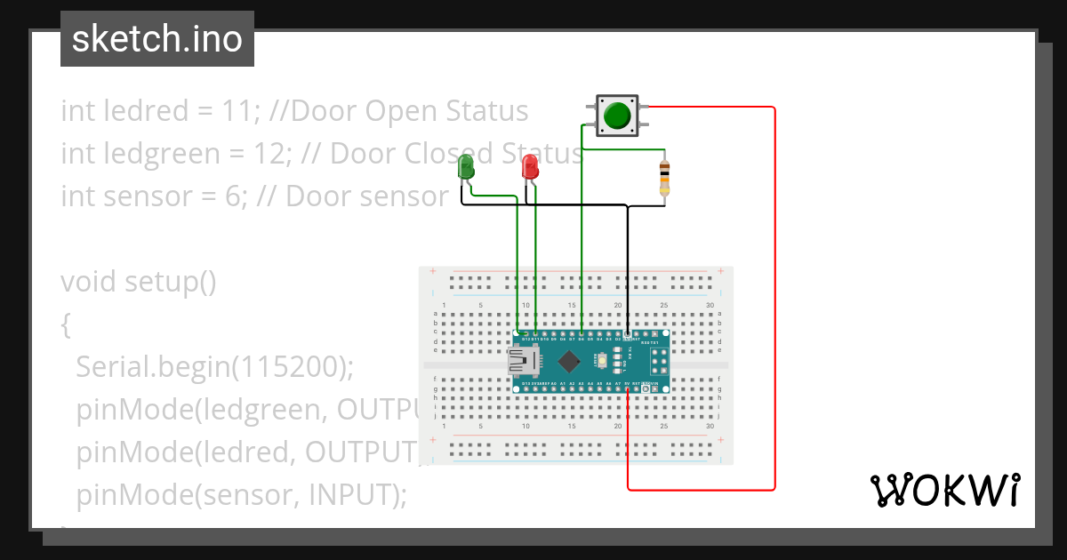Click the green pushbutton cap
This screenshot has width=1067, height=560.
coord(616,116)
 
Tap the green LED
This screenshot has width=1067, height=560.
coord(466,166)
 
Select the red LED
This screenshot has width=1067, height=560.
coord(530,166)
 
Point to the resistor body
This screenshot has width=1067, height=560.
coord(664,178)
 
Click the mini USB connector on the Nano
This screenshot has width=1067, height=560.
coord(521,361)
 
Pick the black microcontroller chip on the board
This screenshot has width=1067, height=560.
coord(570,361)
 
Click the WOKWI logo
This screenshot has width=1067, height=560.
coord(944,490)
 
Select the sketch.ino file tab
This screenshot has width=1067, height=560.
coord(157,39)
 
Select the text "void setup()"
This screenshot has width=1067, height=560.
coord(139,282)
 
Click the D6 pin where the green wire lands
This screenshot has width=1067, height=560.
coord(582,337)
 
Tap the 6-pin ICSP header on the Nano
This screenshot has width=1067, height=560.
coord(659,361)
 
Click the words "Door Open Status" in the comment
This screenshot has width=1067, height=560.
coord(410,111)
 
